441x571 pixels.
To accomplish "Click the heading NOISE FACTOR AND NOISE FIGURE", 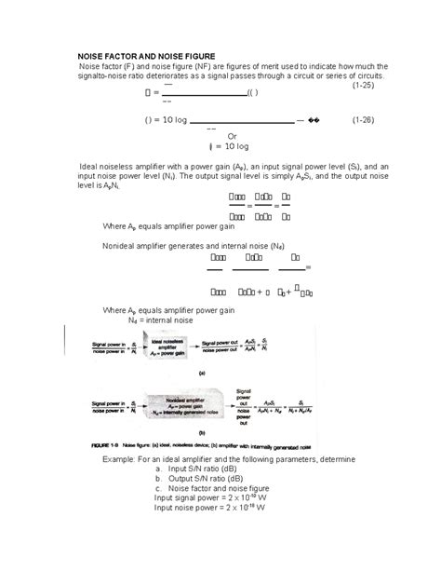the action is pyautogui.click(x=146, y=57).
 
